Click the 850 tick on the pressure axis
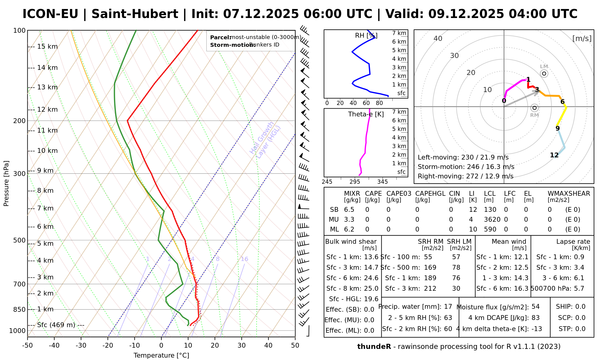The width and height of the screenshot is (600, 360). click(x=19, y=309)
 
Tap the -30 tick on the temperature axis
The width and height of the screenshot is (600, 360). click(x=81, y=346)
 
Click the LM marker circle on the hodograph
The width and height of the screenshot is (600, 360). click(x=544, y=73)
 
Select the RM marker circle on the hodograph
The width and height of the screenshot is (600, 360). click(x=534, y=108)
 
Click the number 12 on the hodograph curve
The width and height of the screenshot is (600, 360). click(x=554, y=155)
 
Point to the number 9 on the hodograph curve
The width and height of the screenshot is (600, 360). click(x=557, y=128)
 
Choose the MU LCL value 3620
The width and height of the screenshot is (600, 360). click(x=492, y=220)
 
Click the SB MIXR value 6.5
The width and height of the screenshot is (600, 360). click(x=349, y=210)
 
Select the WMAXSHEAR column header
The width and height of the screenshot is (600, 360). click(x=569, y=193)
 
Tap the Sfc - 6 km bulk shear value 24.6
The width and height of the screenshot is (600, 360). click(x=371, y=278)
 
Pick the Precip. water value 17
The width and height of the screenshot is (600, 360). click(x=448, y=307)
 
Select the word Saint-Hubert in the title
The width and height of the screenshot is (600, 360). click(x=135, y=14)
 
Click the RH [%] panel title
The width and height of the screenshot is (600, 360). click(x=366, y=36)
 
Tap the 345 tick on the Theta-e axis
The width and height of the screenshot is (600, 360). click(x=382, y=182)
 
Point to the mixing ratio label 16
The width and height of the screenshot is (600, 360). click(x=244, y=259)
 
